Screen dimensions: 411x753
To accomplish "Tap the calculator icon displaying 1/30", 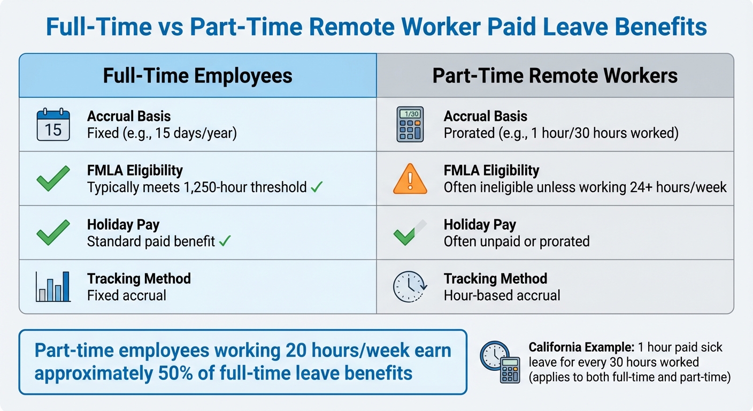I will (x=410, y=124).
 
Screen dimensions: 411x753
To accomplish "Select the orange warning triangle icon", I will (x=410, y=179).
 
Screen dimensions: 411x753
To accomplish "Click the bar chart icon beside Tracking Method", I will (x=53, y=286).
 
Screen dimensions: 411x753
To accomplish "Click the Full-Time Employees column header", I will (x=197, y=75).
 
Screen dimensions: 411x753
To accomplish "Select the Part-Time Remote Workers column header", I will (x=555, y=75).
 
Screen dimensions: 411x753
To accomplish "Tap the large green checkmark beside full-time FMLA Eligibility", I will (x=53, y=179).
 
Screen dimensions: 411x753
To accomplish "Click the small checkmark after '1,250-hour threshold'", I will (x=317, y=187).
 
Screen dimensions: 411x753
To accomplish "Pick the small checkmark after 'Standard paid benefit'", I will (x=225, y=241).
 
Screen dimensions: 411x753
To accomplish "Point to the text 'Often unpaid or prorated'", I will (x=516, y=241).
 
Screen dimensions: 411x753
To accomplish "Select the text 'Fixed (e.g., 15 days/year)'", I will (x=162, y=133).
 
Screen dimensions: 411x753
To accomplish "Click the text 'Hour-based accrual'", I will (x=502, y=295).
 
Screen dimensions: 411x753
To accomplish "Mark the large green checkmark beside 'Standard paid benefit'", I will (x=53, y=232).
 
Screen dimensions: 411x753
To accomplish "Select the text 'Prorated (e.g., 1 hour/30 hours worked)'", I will (x=561, y=133).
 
